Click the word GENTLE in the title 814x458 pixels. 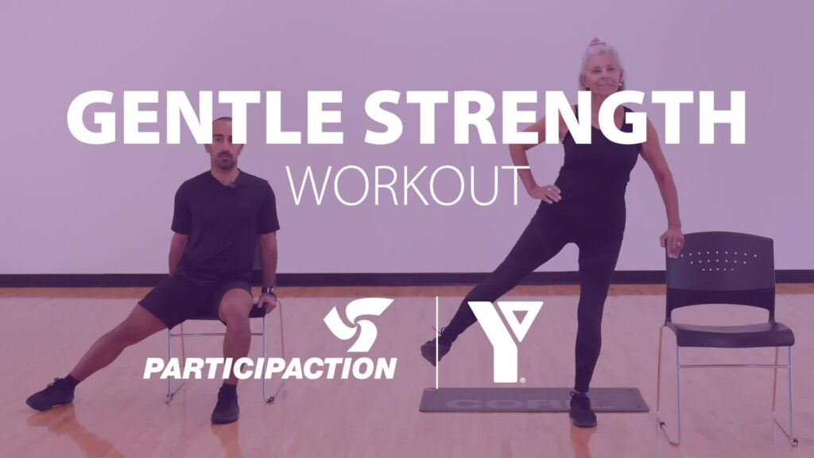tap(202, 118)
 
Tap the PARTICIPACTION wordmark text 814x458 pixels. tap(269, 367)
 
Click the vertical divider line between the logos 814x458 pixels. tap(437, 342)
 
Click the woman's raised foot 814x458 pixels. tap(436, 347)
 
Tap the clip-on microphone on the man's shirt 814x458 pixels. tap(233, 184)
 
